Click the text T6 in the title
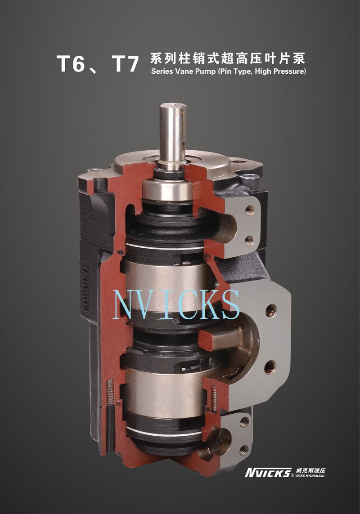point(71,63)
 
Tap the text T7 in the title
point(125,63)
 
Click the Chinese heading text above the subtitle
point(228,58)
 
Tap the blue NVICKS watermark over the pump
point(176,304)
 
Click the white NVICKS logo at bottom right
point(268,472)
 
